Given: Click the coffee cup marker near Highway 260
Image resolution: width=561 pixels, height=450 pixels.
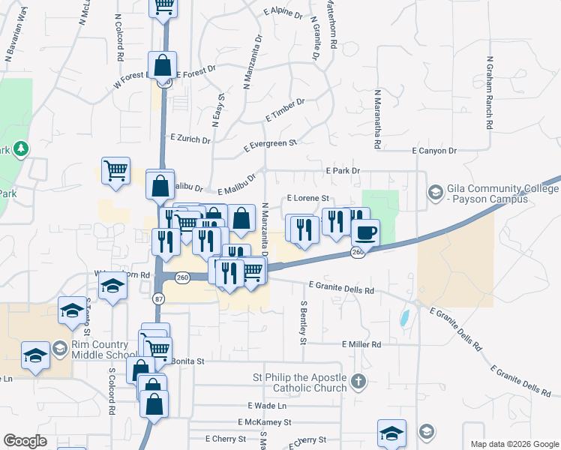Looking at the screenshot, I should tap(365, 232).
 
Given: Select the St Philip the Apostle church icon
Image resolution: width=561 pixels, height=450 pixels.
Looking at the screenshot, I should tap(358, 381).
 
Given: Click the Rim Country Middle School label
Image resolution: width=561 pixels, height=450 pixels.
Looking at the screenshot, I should tap(103, 350).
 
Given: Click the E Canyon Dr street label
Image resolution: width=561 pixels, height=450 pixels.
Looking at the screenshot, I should tap(434, 151).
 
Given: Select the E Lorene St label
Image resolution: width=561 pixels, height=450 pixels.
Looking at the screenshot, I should tap(309, 198).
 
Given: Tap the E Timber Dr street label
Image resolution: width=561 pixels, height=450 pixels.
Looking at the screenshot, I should tap(285, 111).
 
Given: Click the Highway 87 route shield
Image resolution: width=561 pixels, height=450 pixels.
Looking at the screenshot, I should tap(158, 298).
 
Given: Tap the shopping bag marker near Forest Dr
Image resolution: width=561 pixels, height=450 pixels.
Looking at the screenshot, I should tap(163, 65).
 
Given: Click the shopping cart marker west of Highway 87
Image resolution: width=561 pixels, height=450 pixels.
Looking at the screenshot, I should tap(116, 170).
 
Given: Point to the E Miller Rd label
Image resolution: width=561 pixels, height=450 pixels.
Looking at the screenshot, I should tap(361, 344).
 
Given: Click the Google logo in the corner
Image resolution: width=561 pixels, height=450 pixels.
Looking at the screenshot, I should tap(25, 441).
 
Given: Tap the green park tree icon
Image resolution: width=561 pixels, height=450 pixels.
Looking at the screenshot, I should tap(21, 148).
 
